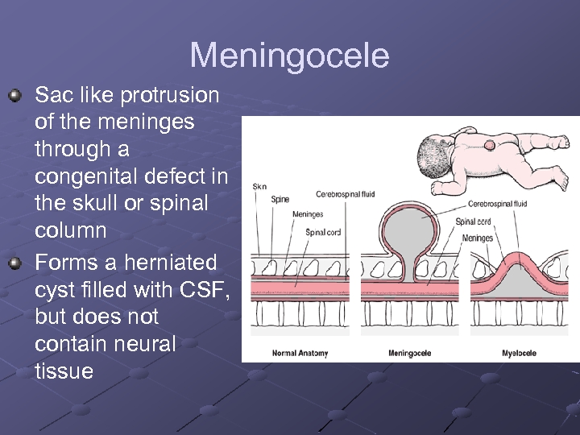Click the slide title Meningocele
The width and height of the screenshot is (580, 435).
(289, 56)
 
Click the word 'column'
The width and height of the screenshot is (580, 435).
(71, 230)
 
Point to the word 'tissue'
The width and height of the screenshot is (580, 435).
(64, 371)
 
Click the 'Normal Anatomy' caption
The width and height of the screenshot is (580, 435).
(299, 353)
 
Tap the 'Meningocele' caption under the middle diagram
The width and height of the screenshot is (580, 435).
(409, 353)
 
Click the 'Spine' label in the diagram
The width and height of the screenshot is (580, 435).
(280, 199)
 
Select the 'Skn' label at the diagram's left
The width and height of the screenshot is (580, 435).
(259, 186)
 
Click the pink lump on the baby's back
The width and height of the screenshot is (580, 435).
(490, 145)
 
